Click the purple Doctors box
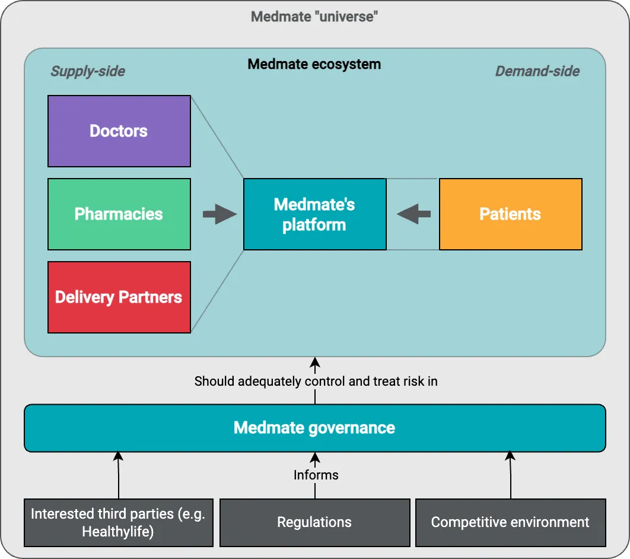click(119, 131)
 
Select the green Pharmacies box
click(119, 214)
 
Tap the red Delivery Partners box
click(119, 297)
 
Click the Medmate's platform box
click(314, 214)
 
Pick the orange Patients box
click(510, 214)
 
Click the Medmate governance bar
click(314, 428)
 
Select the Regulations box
click(314, 522)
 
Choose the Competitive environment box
click(510, 522)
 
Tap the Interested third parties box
click(118, 522)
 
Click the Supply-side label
click(88, 72)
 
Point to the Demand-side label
click(537, 72)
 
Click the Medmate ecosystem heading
click(314, 64)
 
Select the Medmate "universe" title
click(314, 16)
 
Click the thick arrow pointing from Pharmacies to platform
click(219, 214)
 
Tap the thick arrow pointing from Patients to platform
click(413, 214)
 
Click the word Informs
click(316, 475)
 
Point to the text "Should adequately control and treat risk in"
click(316, 381)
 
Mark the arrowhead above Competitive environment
click(510, 456)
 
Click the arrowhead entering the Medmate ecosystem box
click(315, 361)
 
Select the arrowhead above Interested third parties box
click(118, 456)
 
